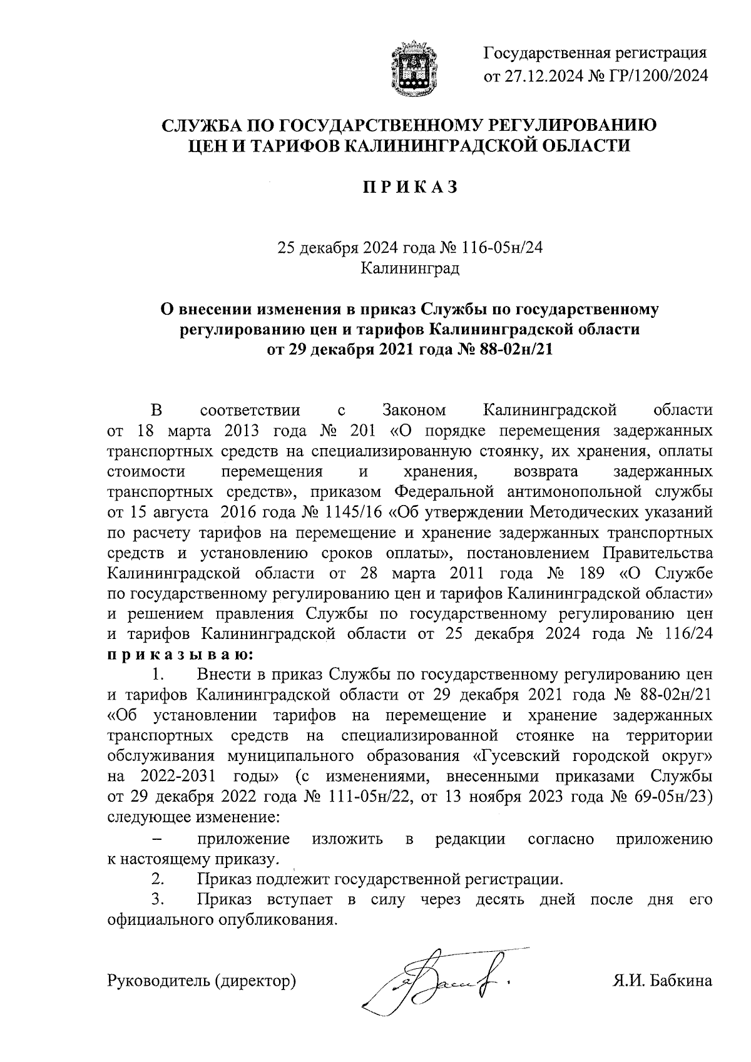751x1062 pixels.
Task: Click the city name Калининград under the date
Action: [x=410, y=268]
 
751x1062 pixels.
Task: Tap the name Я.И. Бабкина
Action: [x=662, y=980]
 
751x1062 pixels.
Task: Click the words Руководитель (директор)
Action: [x=202, y=980]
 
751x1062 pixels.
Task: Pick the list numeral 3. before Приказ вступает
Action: [x=157, y=899]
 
